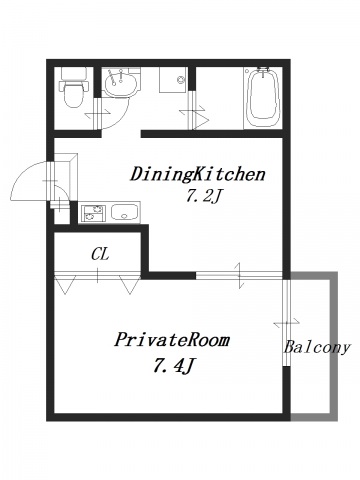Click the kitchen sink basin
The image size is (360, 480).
(x=126, y=211)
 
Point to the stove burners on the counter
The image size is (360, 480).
(x=92, y=211)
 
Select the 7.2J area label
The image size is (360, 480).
(x=203, y=196)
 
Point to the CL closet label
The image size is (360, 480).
(x=100, y=254)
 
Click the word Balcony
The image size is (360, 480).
(x=316, y=348)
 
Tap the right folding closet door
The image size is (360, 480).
(x=128, y=285)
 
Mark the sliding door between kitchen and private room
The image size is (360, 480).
(x=240, y=274)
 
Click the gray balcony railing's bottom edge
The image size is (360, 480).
(x=313, y=415)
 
